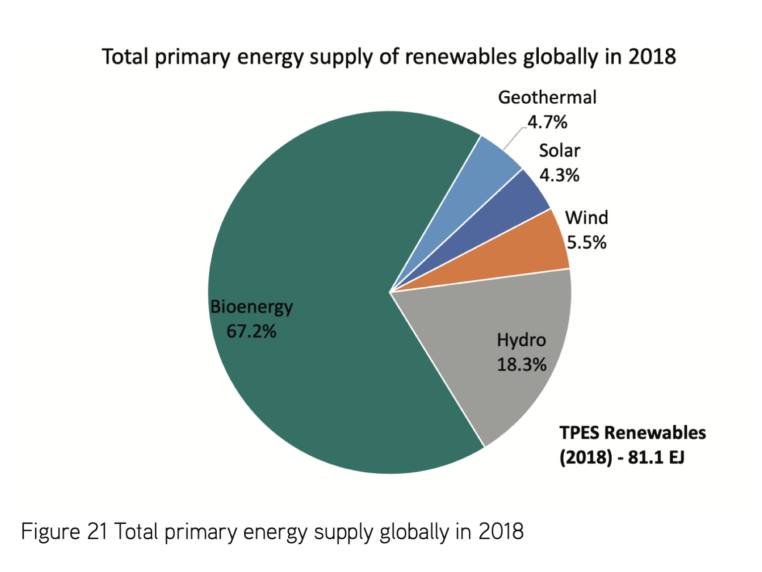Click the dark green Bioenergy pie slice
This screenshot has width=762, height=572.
click(308, 248)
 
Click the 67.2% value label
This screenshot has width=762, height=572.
click(251, 331)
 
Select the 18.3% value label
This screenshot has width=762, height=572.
click(521, 365)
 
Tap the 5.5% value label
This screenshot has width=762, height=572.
click(586, 243)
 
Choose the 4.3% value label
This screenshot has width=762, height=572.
click(559, 175)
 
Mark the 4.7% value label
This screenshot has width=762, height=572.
click(547, 122)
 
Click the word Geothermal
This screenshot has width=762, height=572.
click(547, 98)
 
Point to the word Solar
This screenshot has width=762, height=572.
click(560, 151)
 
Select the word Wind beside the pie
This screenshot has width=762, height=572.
click(586, 218)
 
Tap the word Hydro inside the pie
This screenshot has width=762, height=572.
click(521, 340)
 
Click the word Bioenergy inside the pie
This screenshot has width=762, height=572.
click(252, 307)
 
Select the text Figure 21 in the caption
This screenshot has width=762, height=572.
click(64, 532)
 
